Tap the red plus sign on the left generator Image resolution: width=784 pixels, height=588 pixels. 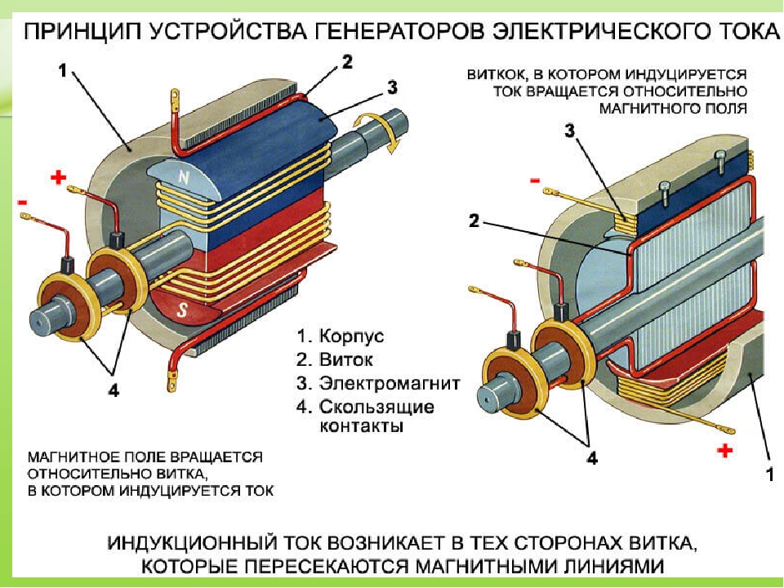[x=58, y=177]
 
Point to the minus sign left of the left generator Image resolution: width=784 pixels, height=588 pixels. [x=20, y=201]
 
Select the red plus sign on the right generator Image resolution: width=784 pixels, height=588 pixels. [x=724, y=449]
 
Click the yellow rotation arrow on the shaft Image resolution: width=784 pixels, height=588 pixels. [x=392, y=136]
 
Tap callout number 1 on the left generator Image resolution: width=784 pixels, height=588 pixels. [x=63, y=71]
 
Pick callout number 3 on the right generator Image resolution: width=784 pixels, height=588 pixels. [x=572, y=129]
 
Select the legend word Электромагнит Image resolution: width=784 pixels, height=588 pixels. [x=390, y=382]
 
